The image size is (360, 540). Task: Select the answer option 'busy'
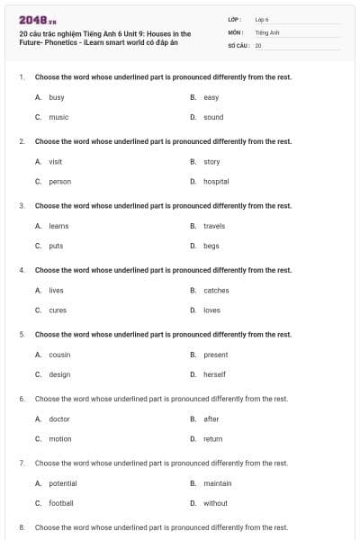pyautogui.click(x=56, y=97)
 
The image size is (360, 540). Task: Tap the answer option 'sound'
pyautogui.click(x=213, y=117)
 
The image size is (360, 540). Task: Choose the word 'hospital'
pyautogui.click(x=216, y=181)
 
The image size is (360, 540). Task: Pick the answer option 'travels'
pyautogui.click(x=214, y=226)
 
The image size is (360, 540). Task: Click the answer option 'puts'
pyautogui.click(x=56, y=246)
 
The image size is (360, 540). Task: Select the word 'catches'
pyautogui.click(x=216, y=291)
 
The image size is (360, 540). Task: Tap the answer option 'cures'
pyautogui.click(x=58, y=310)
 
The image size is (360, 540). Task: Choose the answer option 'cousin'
pyautogui.click(x=59, y=355)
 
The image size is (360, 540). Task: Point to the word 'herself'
pyautogui.click(x=214, y=374)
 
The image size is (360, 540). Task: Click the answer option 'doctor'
pyautogui.click(x=59, y=418)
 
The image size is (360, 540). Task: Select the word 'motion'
pyautogui.click(x=59, y=438)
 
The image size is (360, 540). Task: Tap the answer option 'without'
pyautogui.click(x=215, y=503)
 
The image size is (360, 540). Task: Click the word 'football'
pyautogui.click(x=61, y=503)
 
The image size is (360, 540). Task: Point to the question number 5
pyautogui.click(x=21, y=335)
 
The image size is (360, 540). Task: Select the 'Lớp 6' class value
pyautogui.click(x=262, y=19)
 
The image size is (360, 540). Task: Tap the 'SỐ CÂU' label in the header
pyautogui.click(x=238, y=44)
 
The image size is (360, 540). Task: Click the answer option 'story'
pyautogui.click(x=211, y=162)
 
